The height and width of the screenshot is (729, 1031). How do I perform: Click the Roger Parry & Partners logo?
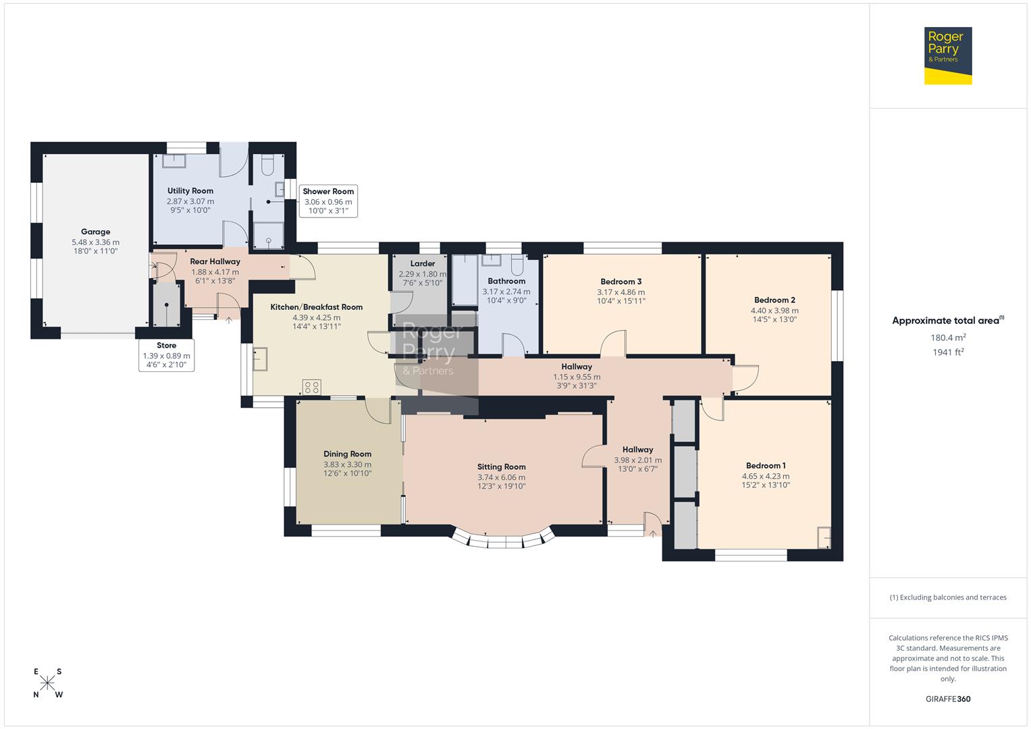947,55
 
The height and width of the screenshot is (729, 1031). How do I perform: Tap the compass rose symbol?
48,683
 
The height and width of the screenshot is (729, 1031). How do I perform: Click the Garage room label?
95,232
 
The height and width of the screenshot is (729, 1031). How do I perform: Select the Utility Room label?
190,191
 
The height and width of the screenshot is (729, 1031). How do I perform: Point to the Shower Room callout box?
328,201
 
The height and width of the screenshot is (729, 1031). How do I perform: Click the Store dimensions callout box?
166,356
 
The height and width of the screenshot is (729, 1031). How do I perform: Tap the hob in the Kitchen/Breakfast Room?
312,387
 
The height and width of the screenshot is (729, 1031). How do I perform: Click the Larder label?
423,263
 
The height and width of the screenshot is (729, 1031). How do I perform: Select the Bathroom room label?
506,281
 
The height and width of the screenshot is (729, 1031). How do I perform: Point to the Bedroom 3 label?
620,281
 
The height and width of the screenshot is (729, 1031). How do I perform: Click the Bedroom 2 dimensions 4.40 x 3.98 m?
774,310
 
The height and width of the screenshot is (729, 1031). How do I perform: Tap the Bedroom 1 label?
766,465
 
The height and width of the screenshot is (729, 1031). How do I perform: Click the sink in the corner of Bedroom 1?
824,537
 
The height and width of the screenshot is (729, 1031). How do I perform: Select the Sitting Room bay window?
502,541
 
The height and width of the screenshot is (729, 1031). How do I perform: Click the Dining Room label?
347,454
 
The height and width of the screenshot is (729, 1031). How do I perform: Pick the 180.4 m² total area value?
948,337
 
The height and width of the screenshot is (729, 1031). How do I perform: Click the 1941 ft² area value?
948,352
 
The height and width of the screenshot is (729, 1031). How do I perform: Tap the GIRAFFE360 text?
948,699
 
